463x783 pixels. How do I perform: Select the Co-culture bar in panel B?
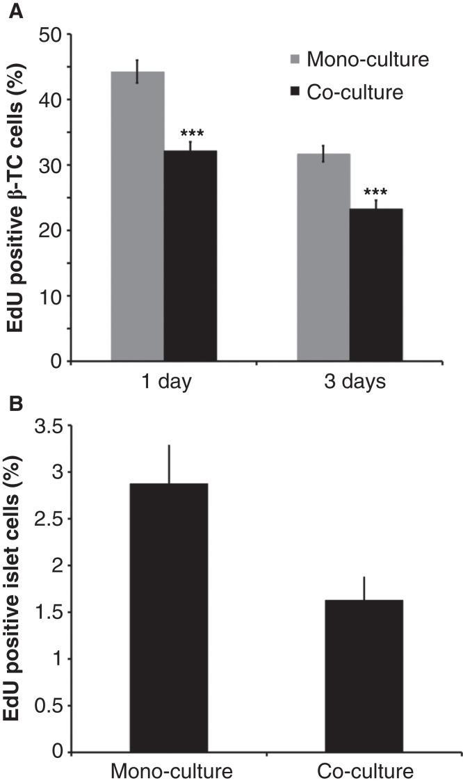pos(363,661)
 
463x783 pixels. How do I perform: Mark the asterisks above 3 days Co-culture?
pos(376,193)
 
